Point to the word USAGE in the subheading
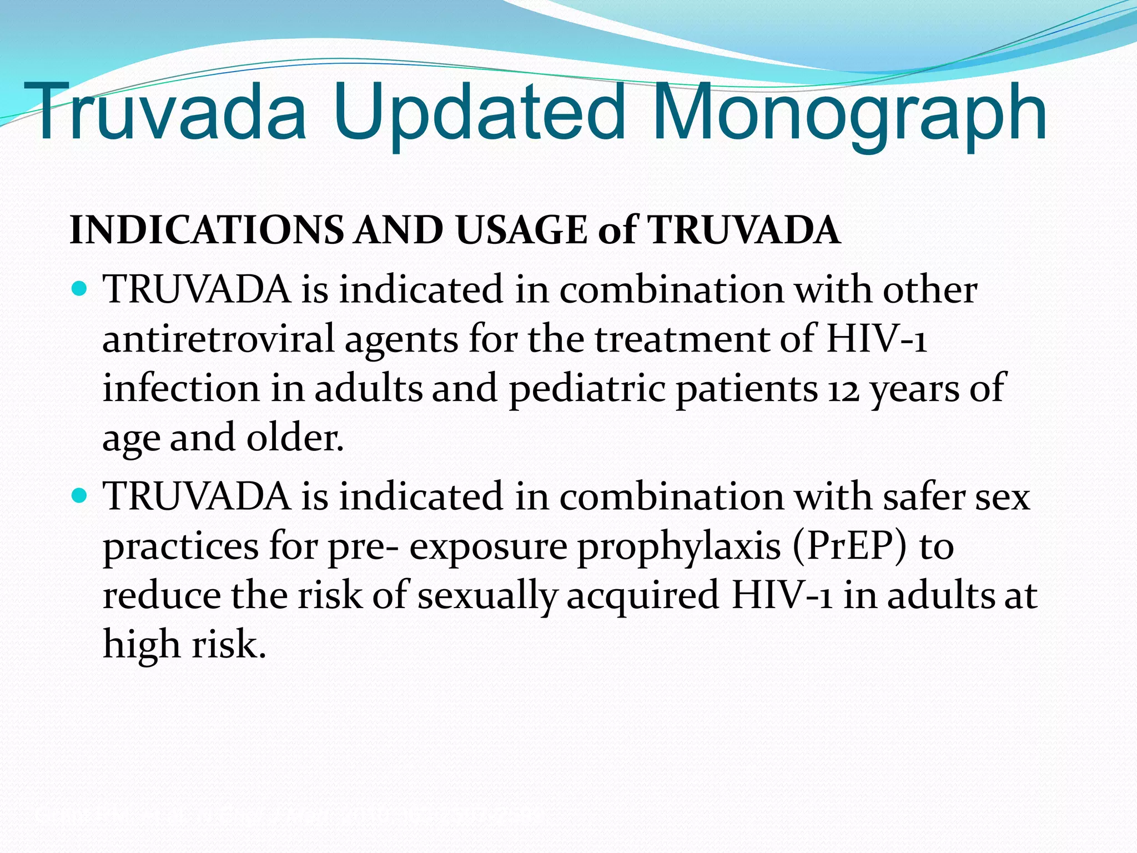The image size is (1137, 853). point(521,230)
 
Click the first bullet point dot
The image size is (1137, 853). point(80,289)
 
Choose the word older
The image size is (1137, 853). point(295,438)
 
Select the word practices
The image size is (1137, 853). point(181,547)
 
